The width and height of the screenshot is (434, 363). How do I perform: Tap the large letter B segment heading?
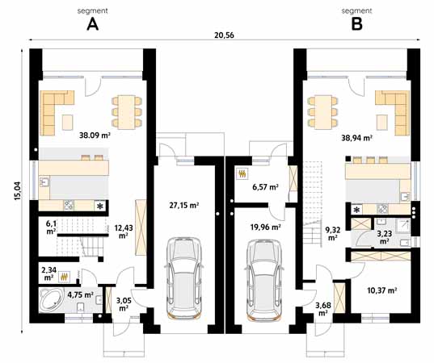(x=356, y=24)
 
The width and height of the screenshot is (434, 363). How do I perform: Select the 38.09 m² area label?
(x=95, y=136)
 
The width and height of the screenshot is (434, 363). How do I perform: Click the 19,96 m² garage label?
(x=264, y=227)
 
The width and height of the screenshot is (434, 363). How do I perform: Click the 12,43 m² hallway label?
(x=124, y=232)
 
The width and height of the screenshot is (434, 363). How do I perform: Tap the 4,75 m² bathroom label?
(x=80, y=295)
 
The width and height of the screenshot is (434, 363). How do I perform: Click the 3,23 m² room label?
(x=385, y=237)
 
